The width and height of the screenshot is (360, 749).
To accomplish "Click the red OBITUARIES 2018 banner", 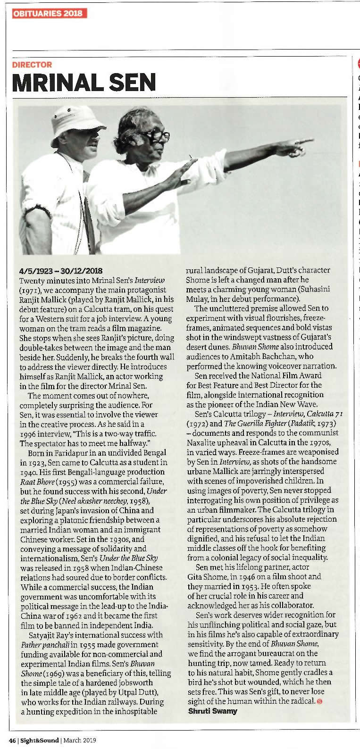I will click(50, 13).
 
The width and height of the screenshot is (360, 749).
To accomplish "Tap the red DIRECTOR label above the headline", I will click(32, 65).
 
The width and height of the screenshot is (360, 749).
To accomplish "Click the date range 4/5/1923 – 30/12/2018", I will click(61, 271).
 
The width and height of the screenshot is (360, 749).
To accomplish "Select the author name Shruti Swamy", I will click(212, 711).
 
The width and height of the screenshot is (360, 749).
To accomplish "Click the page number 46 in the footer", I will click(12, 740).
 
